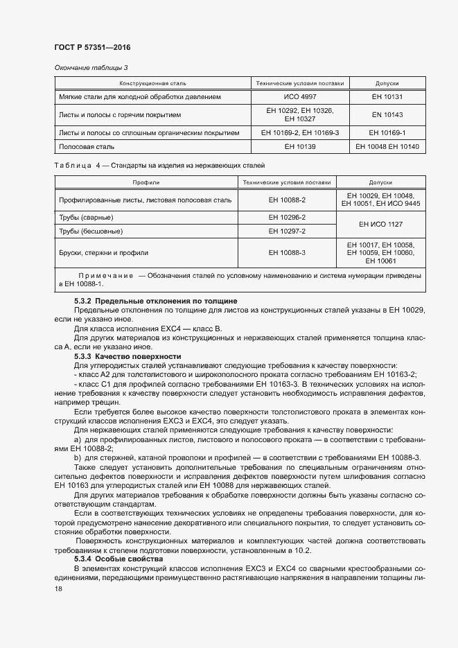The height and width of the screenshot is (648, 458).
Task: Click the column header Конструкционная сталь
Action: pos(150,83)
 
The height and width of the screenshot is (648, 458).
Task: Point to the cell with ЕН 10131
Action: pos(387,97)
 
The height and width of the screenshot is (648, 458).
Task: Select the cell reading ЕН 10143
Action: pos(387,114)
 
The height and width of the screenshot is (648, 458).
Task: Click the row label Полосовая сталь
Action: pos(87,147)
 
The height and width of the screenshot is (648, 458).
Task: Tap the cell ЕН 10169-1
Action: pos(387,132)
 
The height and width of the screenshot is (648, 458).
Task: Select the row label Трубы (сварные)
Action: pos(87,218)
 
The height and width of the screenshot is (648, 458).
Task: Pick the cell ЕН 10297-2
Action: pos(287,231)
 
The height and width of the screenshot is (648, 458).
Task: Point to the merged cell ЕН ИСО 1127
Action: pos(380,225)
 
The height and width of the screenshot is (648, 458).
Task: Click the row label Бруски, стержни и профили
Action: pos(104,253)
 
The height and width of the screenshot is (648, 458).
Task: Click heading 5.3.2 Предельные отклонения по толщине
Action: pos(156,301)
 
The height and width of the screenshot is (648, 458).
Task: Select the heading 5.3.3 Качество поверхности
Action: pos(127,356)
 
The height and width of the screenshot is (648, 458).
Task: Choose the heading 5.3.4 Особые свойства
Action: pos(118,559)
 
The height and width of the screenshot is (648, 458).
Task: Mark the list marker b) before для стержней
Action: pos(78,457)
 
